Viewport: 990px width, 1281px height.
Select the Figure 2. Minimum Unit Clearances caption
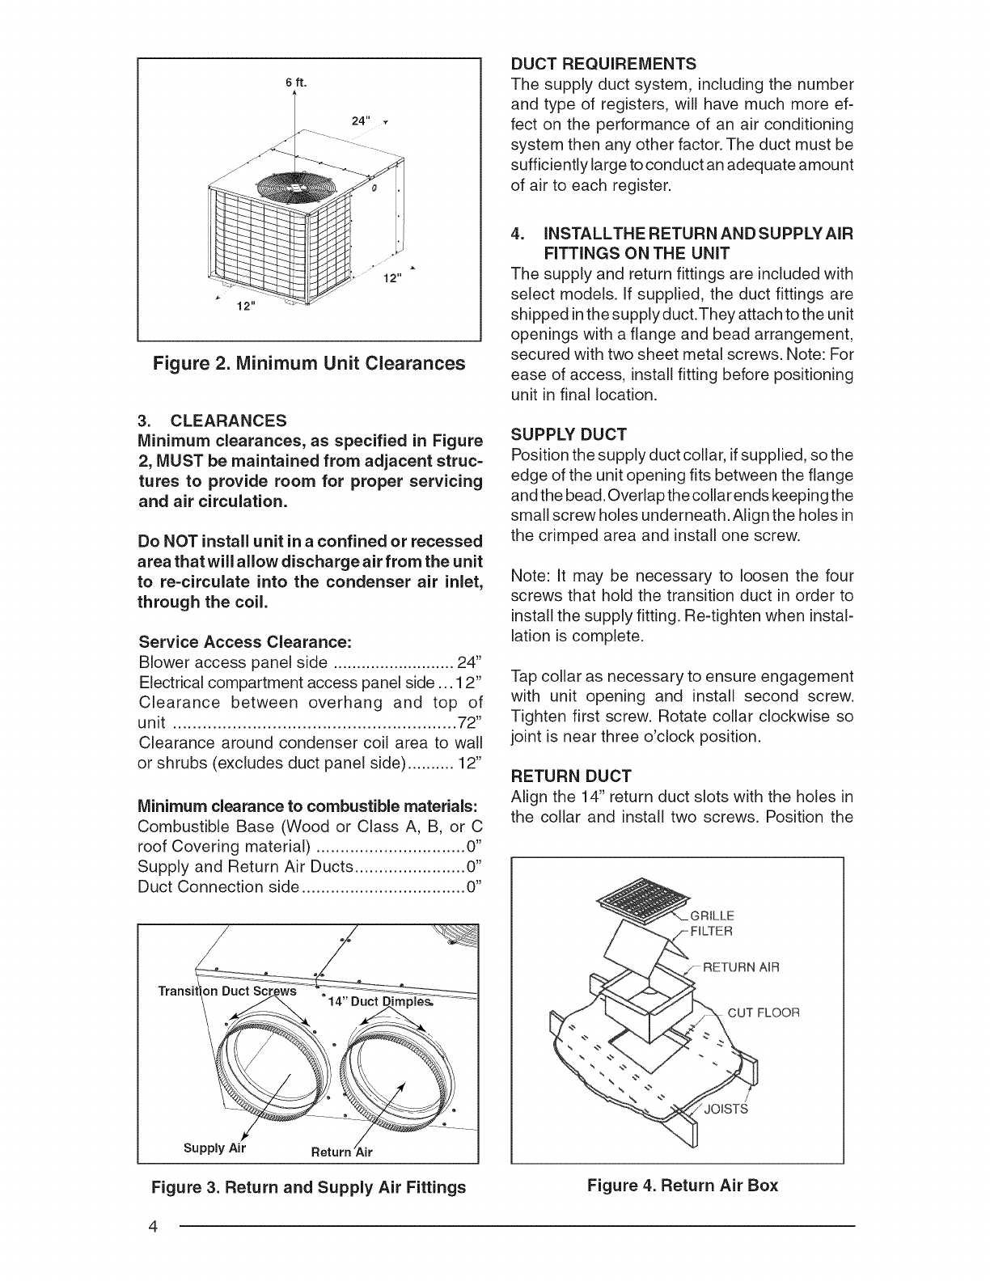click(x=310, y=363)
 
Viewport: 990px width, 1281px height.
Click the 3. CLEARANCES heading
click(x=212, y=421)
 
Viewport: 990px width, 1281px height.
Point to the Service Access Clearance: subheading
click(x=244, y=642)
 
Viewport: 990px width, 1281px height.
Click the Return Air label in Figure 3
click(x=342, y=1152)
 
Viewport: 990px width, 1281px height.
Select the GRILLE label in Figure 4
click(x=713, y=916)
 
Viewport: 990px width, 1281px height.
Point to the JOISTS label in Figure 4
click(x=726, y=1109)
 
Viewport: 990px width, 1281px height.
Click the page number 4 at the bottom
click(x=151, y=1226)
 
